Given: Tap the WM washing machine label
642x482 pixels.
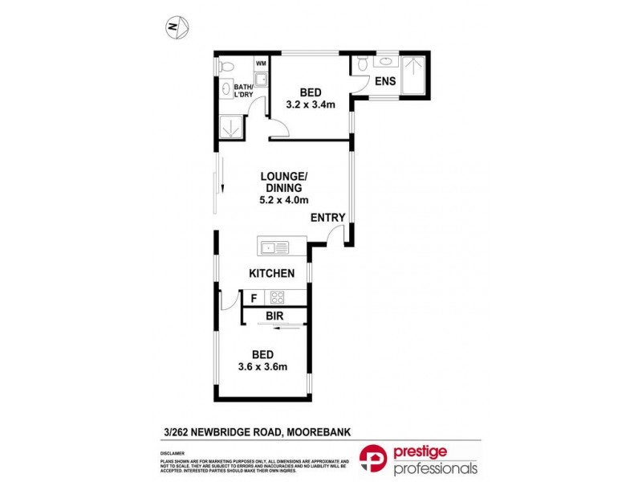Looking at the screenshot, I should [x=260, y=63].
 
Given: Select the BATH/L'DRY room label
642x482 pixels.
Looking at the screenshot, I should [x=243, y=91].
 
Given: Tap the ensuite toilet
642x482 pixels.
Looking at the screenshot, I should [x=362, y=63].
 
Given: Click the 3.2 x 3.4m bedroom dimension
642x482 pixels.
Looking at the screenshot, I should [x=311, y=104].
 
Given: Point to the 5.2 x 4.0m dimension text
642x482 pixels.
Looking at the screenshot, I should [x=284, y=200].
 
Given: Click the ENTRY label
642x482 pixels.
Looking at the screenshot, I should [x=327, y=217].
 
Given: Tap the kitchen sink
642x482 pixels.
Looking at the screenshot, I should [x=269, y=246].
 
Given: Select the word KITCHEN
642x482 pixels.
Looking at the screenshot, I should [x=272, y=273].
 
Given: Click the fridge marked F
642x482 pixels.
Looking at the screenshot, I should [x=254, y=298].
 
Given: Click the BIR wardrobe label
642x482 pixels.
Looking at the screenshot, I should [x=275, y=317].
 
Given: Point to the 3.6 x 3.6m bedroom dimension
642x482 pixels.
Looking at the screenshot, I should [x=262, y=367].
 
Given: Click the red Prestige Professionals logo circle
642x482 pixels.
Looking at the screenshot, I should [x=375, y=460].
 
